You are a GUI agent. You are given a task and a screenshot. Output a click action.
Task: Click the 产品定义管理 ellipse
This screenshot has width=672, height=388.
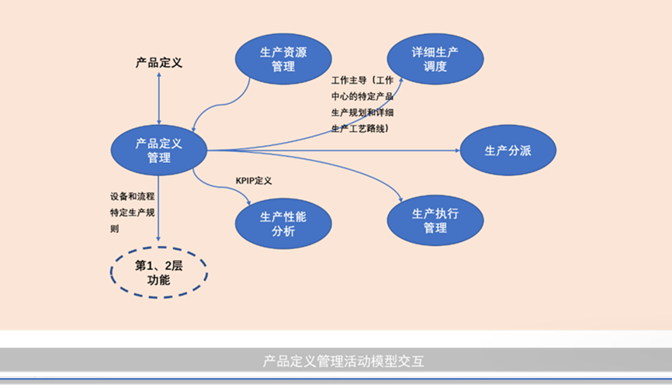[x=159, y=151]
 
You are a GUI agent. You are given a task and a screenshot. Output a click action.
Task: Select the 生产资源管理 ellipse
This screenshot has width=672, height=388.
[x=283, y=59]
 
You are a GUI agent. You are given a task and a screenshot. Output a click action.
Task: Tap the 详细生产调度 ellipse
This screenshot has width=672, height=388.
[x=435, y=59]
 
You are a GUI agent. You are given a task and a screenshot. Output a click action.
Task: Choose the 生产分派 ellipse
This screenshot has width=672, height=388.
[x=508, y=151]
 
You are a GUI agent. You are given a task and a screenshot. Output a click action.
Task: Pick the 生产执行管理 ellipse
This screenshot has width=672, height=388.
[x=435, y=220]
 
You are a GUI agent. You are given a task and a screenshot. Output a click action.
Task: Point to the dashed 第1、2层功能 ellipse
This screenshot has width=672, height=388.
[x=158, y=272]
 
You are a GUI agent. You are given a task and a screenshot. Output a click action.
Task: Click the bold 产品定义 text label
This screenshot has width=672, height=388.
[x=159, y=63]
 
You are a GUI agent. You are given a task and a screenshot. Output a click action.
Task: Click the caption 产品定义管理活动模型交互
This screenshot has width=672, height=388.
[x=336, y=362]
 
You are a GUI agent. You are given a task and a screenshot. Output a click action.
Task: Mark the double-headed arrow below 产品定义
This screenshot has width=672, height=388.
[x=159, y=98]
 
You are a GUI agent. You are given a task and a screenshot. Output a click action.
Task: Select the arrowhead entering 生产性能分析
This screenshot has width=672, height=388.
[x=248, y=203]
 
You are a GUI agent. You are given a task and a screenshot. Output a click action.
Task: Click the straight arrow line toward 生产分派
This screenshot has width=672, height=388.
[x=334, y=151]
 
